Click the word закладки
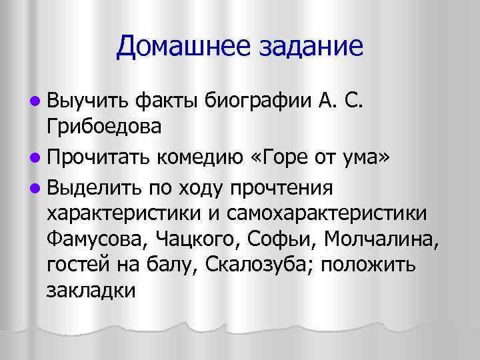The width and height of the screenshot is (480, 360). point(91,292)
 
